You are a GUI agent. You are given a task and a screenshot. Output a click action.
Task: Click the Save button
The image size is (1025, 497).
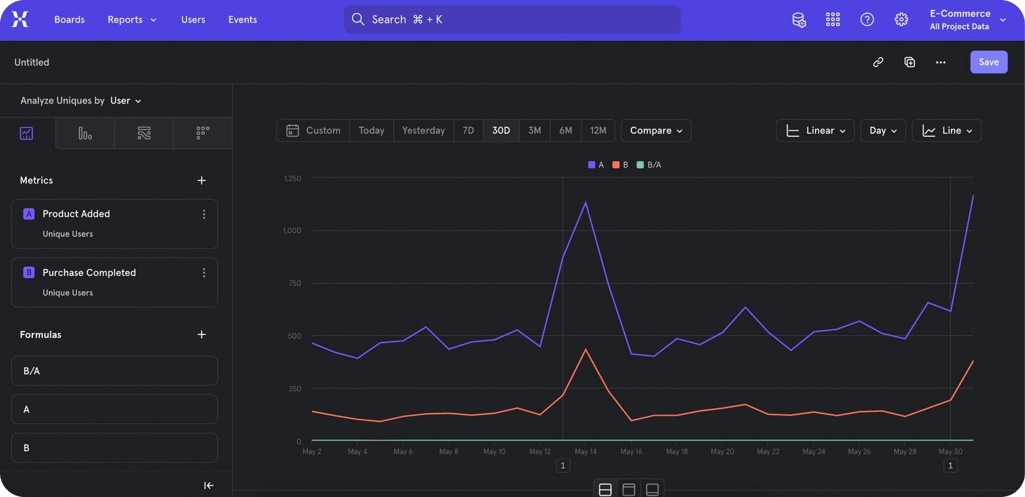[x=989, y=62]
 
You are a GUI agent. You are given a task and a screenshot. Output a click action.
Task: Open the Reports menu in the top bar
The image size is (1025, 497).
[x=132, y=19]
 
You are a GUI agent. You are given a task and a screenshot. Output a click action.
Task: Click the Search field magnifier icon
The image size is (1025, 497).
[x=358, y=19]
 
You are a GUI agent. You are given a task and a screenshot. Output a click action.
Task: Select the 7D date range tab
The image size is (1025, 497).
[x=468, y=131]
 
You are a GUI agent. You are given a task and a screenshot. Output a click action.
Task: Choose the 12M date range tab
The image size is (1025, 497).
[x=598, y=131]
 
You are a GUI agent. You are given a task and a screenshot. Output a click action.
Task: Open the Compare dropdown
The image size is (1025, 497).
[x=656, y=131]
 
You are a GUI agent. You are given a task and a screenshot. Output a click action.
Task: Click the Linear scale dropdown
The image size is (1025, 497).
[x=815, y=131]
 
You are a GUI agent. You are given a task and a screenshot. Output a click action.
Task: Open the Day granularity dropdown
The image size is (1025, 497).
[x=883, y=131]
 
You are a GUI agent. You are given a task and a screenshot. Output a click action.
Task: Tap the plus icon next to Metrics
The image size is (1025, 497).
[x=201, y=180]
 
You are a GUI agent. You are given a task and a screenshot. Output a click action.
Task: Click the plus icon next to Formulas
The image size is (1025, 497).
[x=201, y=334]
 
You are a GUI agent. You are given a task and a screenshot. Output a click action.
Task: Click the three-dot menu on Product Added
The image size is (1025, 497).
[x=204, y=214]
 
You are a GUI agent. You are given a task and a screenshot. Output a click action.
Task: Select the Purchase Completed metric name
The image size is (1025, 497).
[x=89, y=272]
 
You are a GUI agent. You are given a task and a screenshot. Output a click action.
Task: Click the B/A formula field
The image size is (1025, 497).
[x=114, y=371]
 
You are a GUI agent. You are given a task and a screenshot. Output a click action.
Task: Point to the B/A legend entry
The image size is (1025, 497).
[x=649, y=165]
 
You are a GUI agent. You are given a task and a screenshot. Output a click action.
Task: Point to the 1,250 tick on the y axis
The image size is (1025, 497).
[x=293, y=178]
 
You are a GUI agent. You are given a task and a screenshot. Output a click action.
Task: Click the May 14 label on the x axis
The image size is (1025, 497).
[x=585, y=451]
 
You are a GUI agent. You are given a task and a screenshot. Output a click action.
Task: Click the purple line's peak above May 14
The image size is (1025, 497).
[x=585, y=202]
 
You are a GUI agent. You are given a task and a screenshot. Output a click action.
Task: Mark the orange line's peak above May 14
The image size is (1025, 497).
[x=585, y=350]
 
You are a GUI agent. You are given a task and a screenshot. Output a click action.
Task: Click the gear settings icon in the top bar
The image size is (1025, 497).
[x=901, y=19]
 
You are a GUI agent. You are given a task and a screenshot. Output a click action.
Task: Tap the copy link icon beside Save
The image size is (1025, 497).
[x=878, y=62]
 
